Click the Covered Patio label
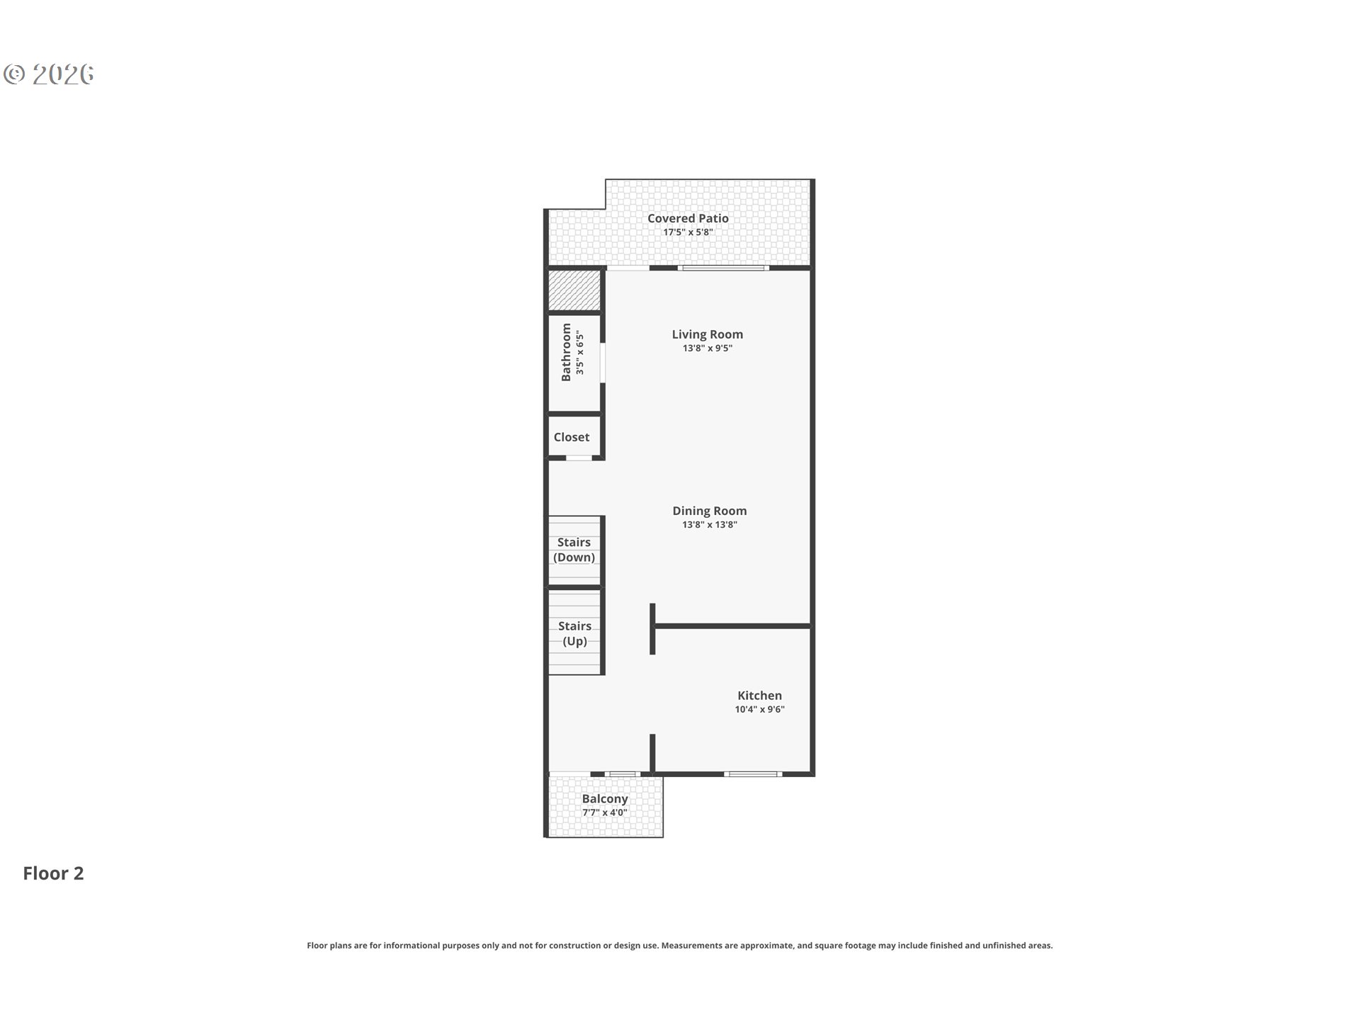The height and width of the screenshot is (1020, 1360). point(688,218)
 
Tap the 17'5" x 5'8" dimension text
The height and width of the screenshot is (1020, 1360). point(688,232)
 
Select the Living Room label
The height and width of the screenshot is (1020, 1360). point(708,334)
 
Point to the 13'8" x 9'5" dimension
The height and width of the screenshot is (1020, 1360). point(708,348)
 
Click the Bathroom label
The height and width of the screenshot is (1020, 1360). point(566,352)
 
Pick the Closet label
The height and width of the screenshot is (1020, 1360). point(572,437)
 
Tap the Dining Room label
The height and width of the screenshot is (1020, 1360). point(710,511)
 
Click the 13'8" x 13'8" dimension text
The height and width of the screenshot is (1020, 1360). point(710,525)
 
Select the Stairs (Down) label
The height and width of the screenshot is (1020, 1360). point(574,550)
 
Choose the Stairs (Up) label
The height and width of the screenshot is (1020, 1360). point(574,633)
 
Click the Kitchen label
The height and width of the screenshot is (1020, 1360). point(759,696)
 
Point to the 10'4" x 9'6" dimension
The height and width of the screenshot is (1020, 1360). point(759,710)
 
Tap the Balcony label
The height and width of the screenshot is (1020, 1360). point(605,799)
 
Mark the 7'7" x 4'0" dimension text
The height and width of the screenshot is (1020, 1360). point(605,812)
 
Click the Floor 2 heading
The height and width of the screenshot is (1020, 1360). point(53,873)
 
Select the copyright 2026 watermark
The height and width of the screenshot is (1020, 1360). point(49,74)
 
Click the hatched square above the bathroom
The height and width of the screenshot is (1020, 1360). point(574,290)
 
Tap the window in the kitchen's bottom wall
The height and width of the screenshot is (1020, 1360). point(753,773)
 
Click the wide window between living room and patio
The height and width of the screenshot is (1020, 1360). point(723,268)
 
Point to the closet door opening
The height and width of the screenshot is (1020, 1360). point(579,458)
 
